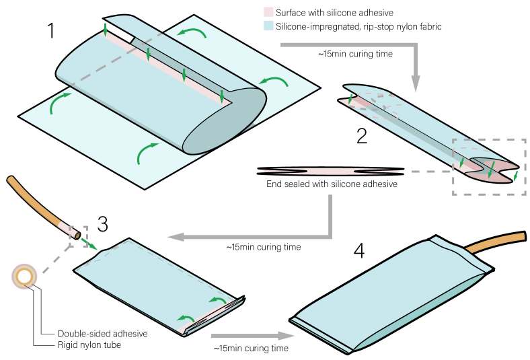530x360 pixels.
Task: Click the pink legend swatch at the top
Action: (268, 11)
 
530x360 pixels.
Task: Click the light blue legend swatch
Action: (268, 25)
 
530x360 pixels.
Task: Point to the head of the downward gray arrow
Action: (416, 83)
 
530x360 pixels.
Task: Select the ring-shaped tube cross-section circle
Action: (24, 276)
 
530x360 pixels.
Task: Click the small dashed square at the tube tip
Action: (78, 236)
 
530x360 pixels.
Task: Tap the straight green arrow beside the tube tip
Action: (89, 244)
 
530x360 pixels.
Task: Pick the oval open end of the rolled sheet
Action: (225, 121)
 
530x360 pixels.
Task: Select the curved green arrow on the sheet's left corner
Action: (59, 102)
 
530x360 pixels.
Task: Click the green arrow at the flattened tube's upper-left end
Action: (350, 99)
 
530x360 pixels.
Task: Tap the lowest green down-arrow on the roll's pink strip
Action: (221, 96)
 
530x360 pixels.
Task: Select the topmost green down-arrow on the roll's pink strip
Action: (105, 30)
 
